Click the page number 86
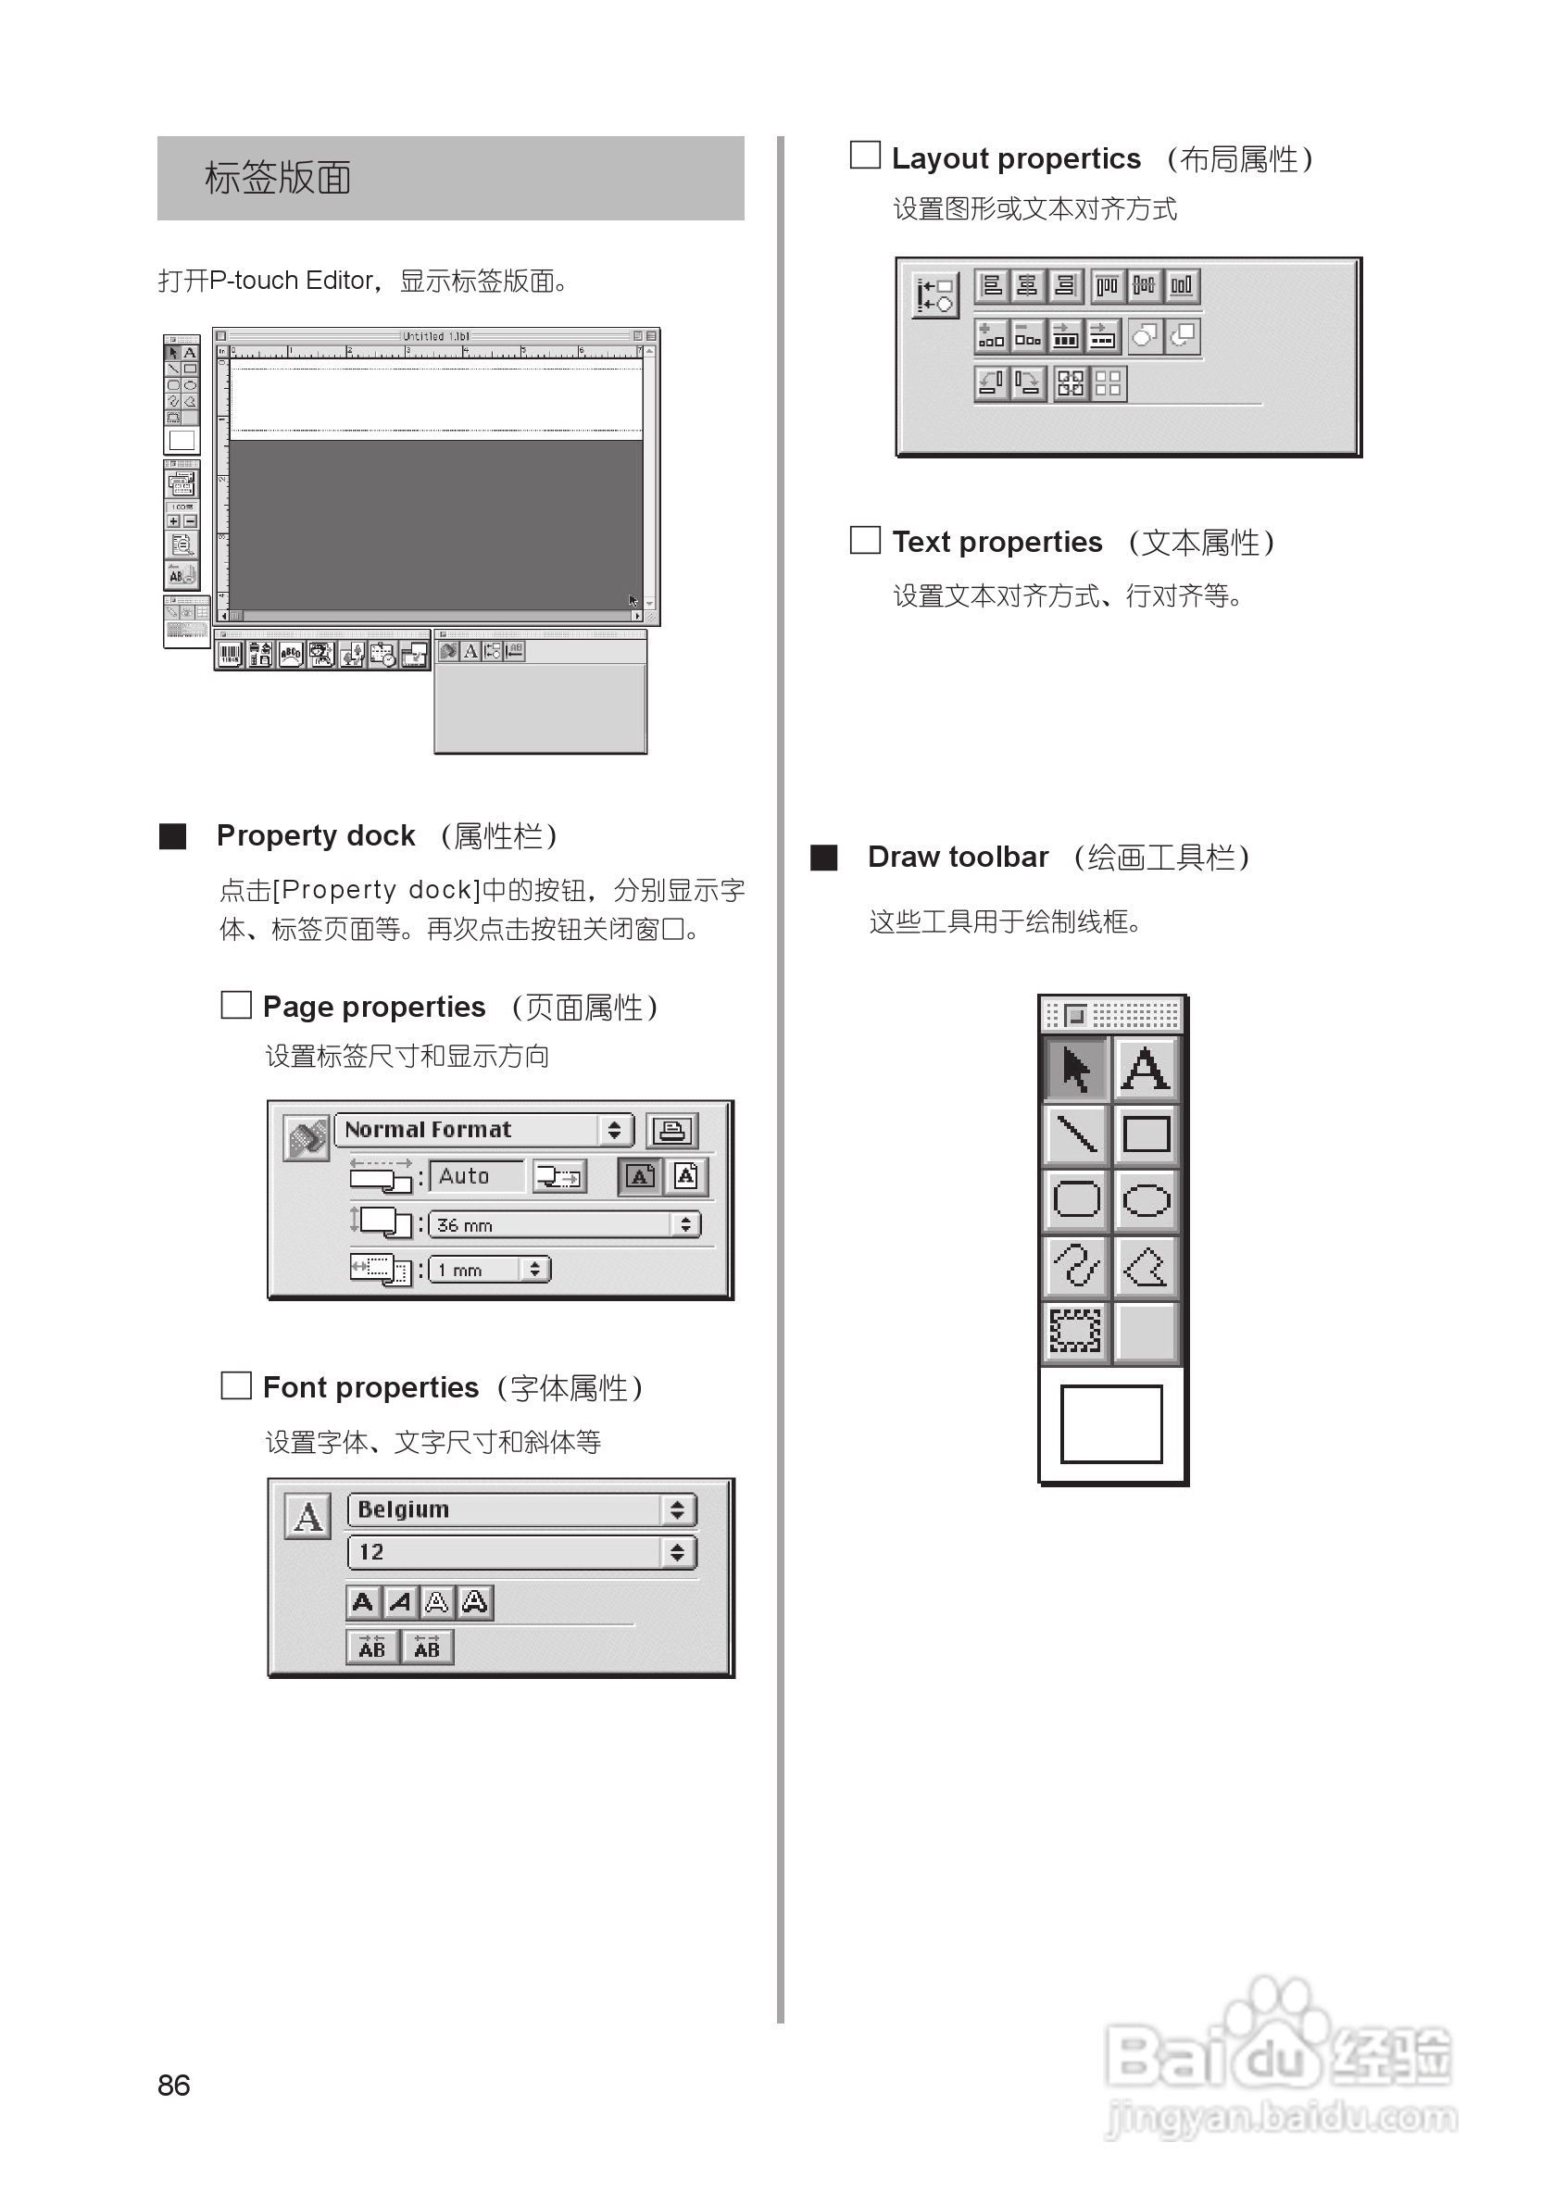(x=174, y=2085)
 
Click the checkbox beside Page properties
(x=236, y=1006)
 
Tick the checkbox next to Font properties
(x=236, y=1385)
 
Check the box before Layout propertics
(x=865, y=156)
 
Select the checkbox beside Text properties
(x=865, y=540)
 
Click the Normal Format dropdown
(x=484, y=1131)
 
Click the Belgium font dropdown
(x=520, y=1510)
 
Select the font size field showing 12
(x=520, y=1552)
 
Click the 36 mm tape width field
(x=563, y=1224)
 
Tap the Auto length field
(x=476, y=1176)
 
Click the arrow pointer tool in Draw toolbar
(x=1077, y=1069)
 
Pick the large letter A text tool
(x=1146, y=1069)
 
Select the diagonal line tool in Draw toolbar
(x=1077, y=1134)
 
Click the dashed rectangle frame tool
(x=1077, y=1331)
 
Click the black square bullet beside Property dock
(x=173, y=835)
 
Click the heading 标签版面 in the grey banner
(x=278, y=179)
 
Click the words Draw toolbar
(x=958, y=857)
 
